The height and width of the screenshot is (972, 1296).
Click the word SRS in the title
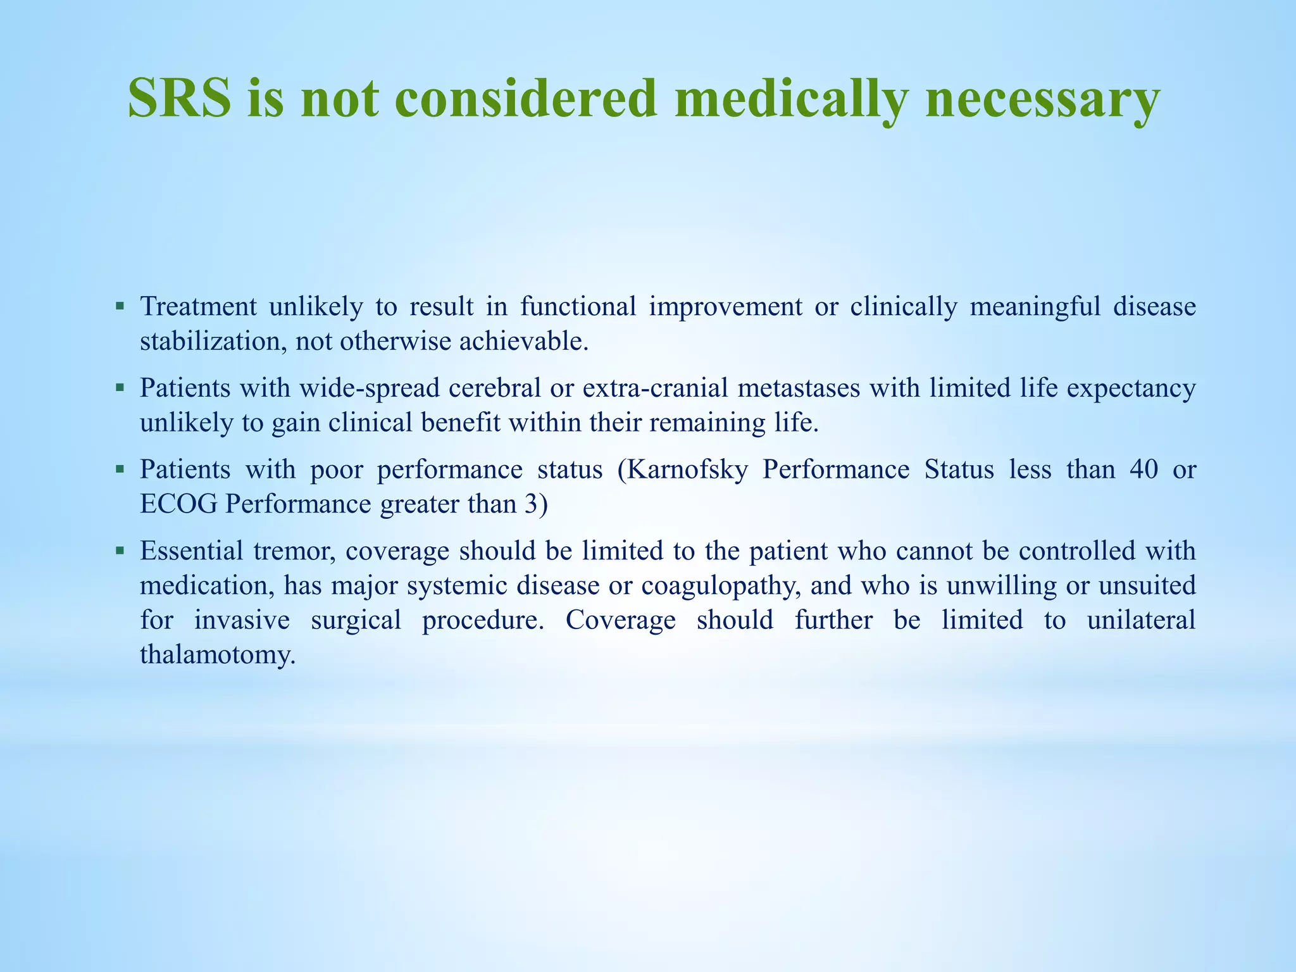(x=179, y=98)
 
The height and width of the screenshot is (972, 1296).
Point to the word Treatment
(x=198, y=307)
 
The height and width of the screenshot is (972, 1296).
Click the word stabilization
(x=211, y=342)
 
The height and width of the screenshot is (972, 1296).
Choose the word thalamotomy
(x=218, y=654)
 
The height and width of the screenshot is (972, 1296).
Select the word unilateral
(x=1141, y=620)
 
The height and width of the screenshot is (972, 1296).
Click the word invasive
(x=241, y=620)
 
